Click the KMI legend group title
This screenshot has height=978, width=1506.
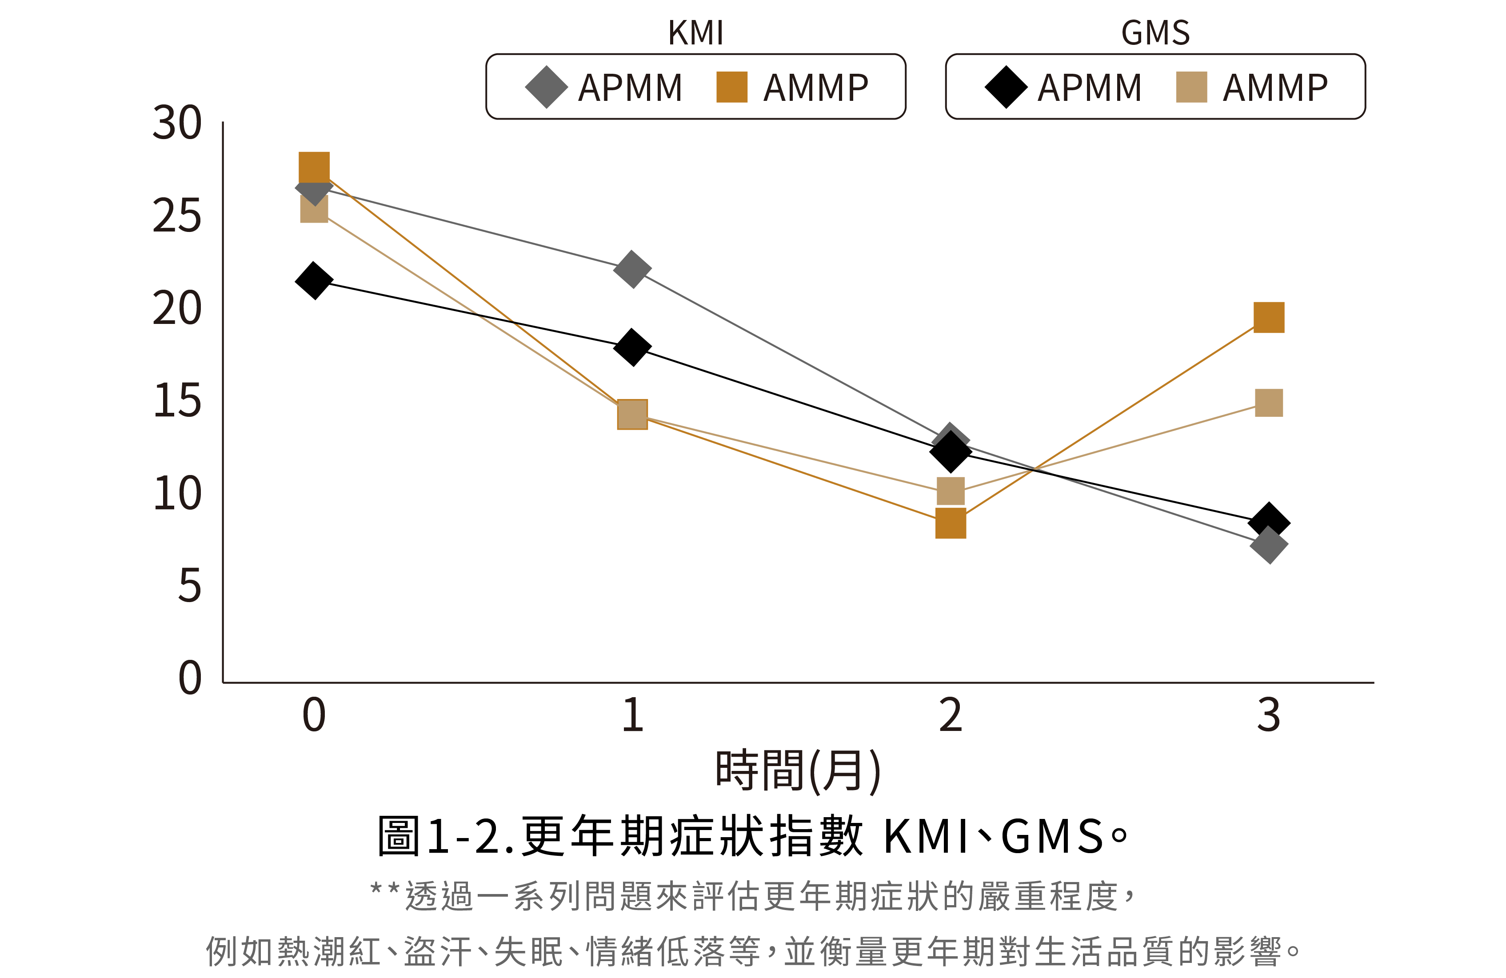pos(695,33)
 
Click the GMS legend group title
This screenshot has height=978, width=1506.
pos(1155,33)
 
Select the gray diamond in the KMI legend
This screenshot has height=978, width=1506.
pos(546,87)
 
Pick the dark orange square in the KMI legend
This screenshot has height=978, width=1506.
pos(731,87)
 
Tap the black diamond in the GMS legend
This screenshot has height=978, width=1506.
pos(1006,87)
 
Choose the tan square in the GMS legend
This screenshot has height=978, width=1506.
pos(1191,87)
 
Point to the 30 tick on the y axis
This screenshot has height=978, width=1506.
pos(177,124)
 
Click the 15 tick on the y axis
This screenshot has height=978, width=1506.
pos(177,401)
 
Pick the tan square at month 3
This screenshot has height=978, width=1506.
pos(1269,403)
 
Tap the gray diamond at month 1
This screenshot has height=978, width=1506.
pos(632,269)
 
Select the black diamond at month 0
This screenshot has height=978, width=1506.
pos(314,280)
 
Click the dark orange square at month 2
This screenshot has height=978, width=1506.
pos(951,523)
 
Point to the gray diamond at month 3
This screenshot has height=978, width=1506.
pos(1269,545)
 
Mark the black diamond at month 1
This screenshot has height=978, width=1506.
pos(632,347)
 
